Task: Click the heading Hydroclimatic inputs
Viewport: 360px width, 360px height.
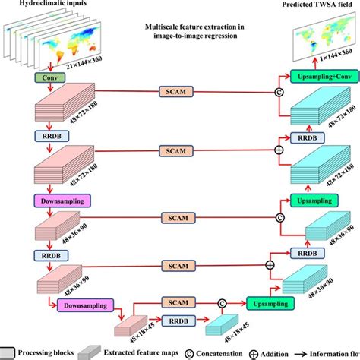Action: pos(43,5)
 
